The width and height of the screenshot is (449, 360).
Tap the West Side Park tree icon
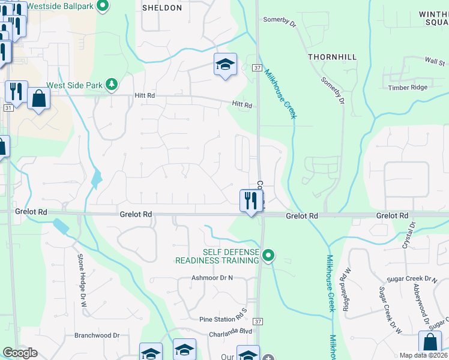click(111, 85)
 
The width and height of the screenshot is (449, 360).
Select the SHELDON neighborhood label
click(162, 8)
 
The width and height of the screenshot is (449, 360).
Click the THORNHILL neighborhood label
click(332, 57)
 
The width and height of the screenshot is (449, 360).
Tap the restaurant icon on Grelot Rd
click(251, 200)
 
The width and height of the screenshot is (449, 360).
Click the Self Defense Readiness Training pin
click(270, 256)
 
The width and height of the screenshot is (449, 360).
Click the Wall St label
click(434, 61)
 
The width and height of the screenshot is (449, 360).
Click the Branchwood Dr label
click(97, 335)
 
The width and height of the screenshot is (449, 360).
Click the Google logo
click(20, 353)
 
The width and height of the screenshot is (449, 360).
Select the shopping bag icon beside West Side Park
click(38, 98)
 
